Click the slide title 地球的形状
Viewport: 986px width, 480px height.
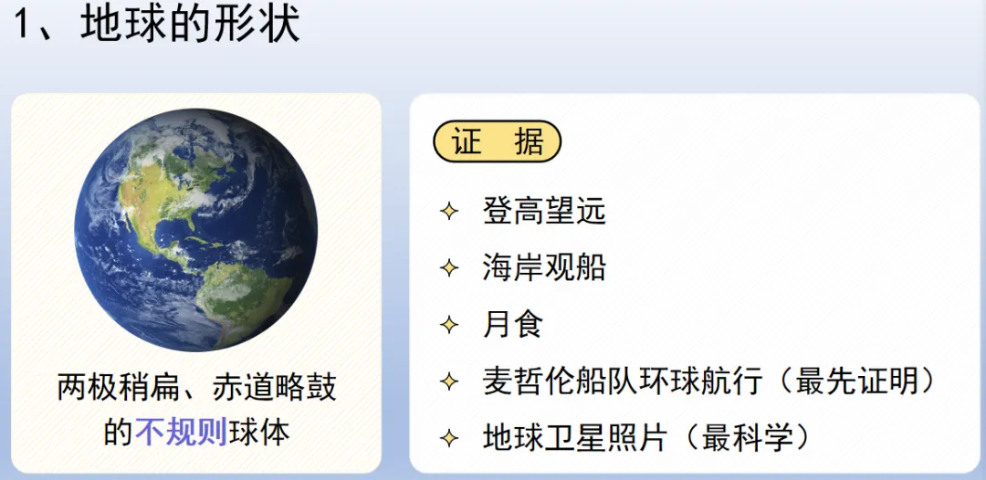coord(190,25)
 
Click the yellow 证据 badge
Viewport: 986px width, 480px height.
coord(497,141)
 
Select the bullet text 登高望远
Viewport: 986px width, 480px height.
coord(543,212)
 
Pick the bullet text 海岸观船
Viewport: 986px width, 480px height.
coord(543,268)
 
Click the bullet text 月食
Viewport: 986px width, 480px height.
coord(513,325)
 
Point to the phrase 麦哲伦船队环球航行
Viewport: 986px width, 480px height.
coord(621,381)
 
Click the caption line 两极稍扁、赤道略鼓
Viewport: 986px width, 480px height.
coord(196,387)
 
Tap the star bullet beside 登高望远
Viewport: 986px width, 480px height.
coord(448,213)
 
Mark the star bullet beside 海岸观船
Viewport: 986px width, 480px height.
coord(448,269)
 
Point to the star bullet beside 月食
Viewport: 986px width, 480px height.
coord(448,325)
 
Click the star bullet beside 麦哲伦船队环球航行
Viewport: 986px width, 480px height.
coord(448,381)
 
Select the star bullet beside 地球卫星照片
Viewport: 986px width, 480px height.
coord(448,438)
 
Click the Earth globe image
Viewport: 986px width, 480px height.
coord(195,230)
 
